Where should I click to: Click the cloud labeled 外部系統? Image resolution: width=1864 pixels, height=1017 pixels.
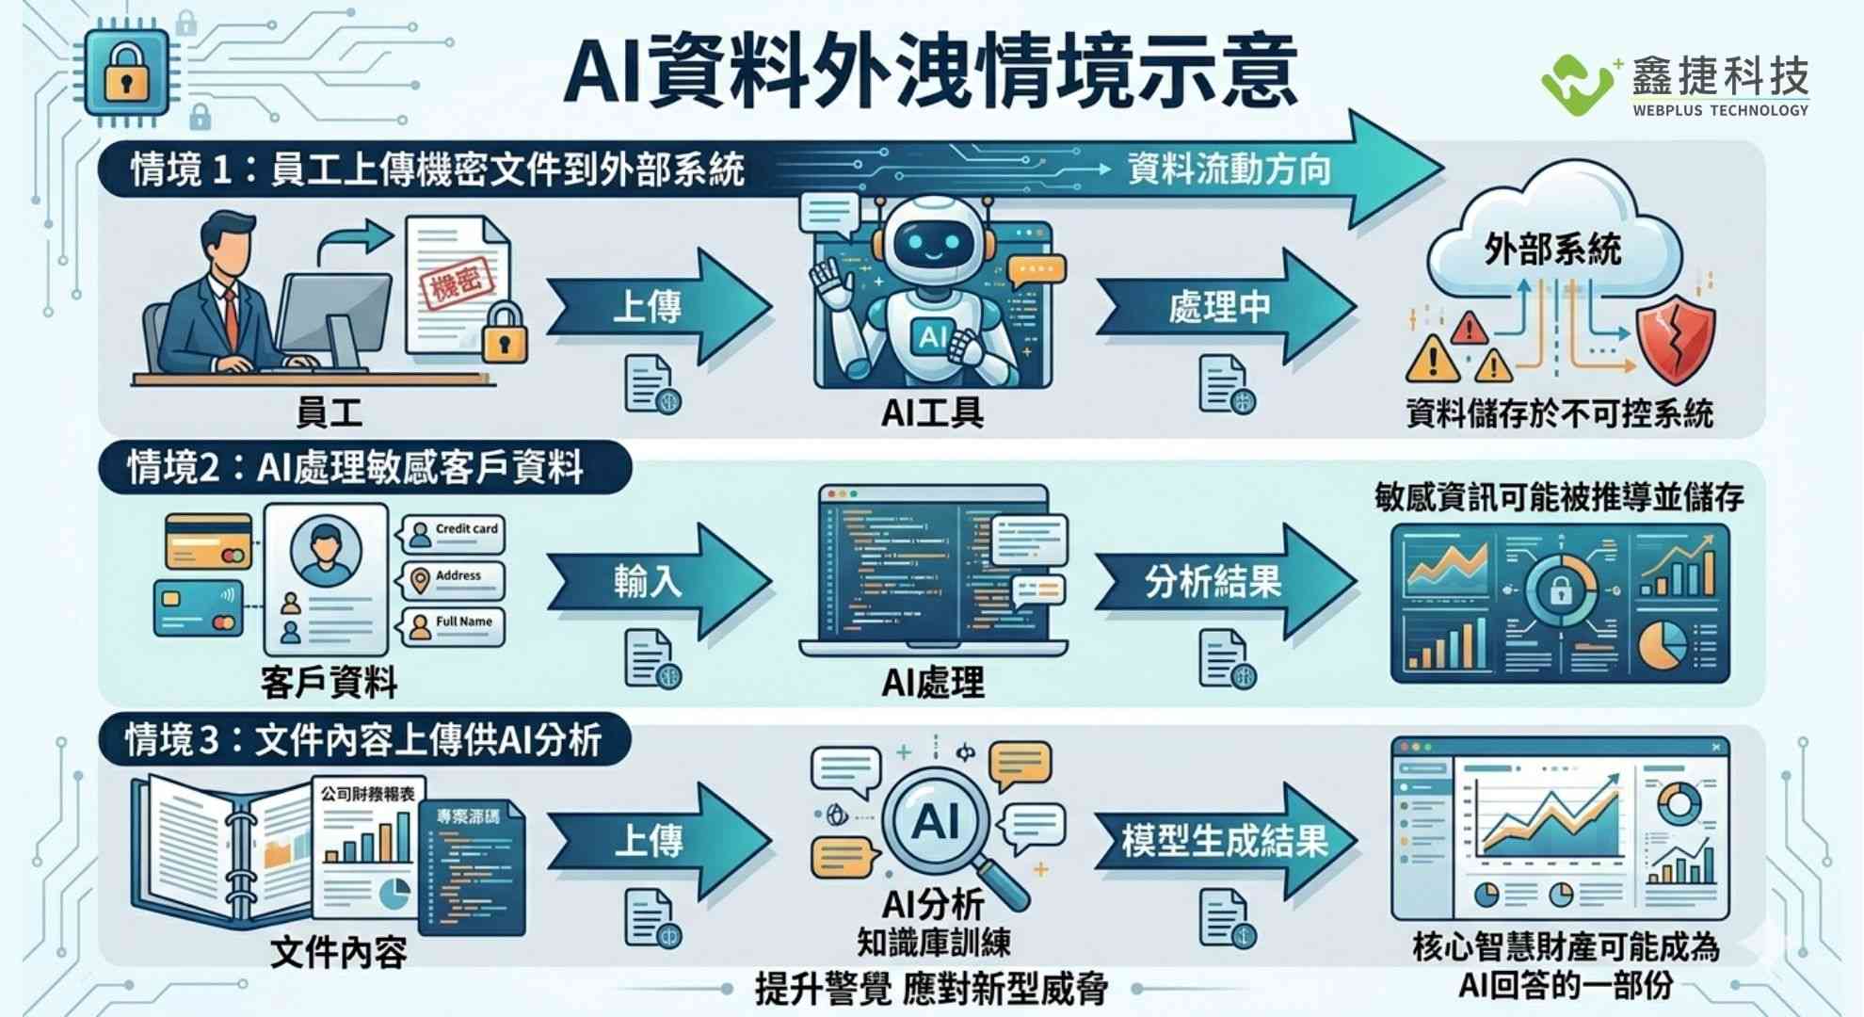1553,239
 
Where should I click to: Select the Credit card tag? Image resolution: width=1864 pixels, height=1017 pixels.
454,533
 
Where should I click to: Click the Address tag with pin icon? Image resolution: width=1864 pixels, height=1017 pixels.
454,579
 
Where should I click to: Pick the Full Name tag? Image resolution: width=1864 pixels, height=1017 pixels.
454,625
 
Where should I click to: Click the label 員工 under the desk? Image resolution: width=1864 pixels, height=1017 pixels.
329,412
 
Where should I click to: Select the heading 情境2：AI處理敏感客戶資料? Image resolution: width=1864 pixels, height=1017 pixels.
358,467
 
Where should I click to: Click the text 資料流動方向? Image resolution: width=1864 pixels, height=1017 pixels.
1229,169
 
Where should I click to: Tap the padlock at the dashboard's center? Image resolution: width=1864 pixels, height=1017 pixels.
1560,590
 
